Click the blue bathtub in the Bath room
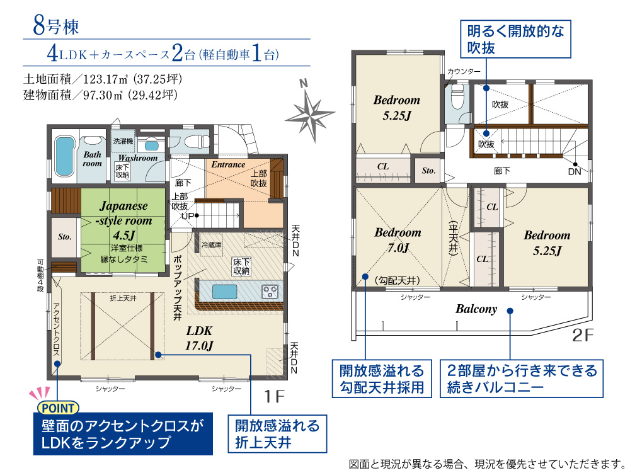click(64, 156)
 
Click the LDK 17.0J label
click(199, 338)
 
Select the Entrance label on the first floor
click(228, 164)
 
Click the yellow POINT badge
click(58, 408)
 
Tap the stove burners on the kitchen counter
click(270, 292)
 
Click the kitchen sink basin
click(224, 292)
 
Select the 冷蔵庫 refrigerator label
click(211, 244)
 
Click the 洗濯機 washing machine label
click(123, 141)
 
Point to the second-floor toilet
click(457, 96)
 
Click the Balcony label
click(476, 309)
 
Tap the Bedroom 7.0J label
click(398, 240)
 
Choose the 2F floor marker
click(582, 335)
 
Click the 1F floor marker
click(275, 396)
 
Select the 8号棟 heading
click(55, 26)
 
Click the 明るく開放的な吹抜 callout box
click(515, 39)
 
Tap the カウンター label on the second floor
click(464, 71)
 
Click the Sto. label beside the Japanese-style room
click(64, 237)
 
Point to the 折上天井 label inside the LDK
click(123, 299)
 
